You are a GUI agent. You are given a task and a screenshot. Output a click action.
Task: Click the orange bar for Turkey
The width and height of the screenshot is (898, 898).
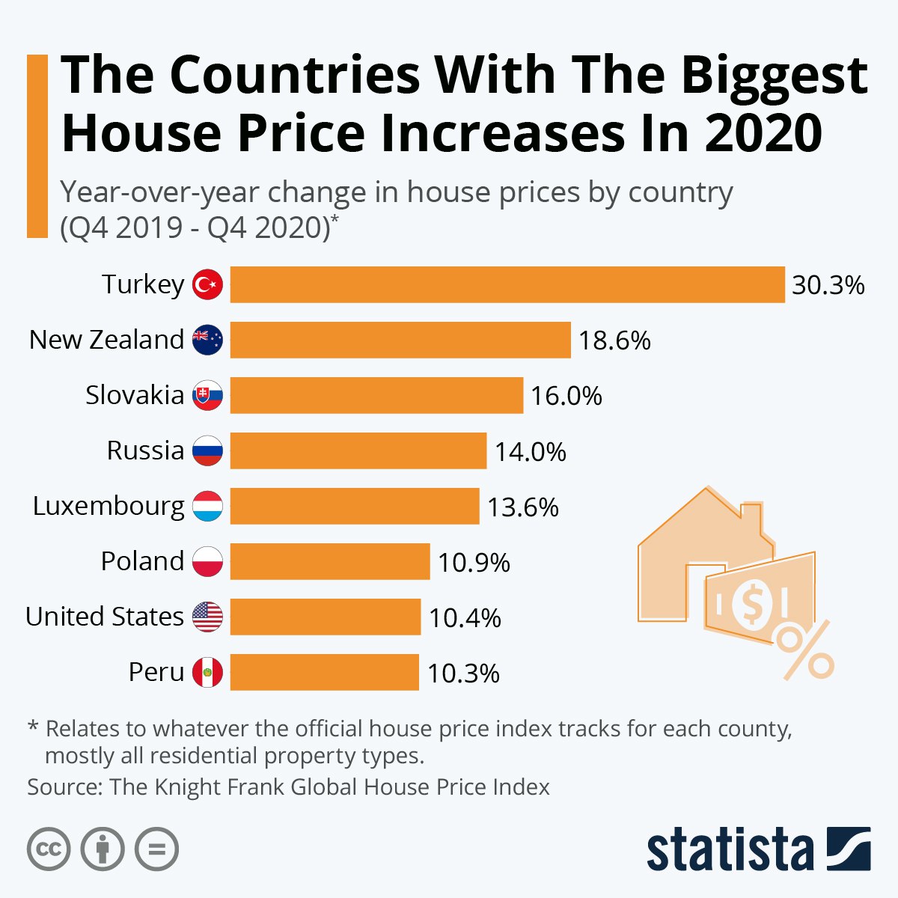pyautogui.click(x=507, y=284)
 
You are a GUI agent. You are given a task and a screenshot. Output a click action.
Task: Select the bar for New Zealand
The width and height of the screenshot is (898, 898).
pyautogui.click(x=400, y=340)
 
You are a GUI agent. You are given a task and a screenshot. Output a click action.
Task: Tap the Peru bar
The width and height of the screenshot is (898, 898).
pyautogui.click(x=324, y=672)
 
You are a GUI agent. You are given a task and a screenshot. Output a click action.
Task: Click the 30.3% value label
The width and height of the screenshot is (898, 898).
pyautogui.click(x=828, y=285)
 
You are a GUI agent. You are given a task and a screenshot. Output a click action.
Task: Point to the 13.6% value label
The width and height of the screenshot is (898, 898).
pyautogui.click(x=523, y=507)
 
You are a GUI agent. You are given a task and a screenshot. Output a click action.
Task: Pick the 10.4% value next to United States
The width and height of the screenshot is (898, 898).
pyautogui.click(x=465, y=618)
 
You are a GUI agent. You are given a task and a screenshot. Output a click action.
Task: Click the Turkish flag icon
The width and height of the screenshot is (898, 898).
pyautogui.click(x=207, y=284)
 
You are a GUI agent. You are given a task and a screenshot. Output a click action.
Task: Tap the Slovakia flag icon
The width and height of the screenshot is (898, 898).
pyautogui.click(x=207, y=395)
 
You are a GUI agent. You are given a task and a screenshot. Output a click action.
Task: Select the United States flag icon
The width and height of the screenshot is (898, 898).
pyautogui.click(x=207, y=617)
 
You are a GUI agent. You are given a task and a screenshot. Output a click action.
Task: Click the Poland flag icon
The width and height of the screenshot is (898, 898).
pyautogui.click(x=207, y=561)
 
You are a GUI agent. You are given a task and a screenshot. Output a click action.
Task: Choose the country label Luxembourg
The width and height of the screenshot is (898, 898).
pyautogui.click(x=109, y=507)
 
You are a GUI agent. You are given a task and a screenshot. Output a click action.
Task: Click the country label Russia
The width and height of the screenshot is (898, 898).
pyautogui.click(x=145, y=450)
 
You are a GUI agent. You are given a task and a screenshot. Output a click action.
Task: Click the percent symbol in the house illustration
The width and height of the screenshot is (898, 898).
pyautogui.click(x=804, y=650)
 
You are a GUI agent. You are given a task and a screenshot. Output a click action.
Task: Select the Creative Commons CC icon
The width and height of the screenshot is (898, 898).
pyautogui.click(x=49, y=849)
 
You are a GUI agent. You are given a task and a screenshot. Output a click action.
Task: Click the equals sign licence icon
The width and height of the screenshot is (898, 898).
pyautogui.click(x=157, y=849)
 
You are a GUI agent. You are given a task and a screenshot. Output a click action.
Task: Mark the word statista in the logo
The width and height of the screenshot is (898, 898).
pyautogui.click(x=730, y=850)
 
